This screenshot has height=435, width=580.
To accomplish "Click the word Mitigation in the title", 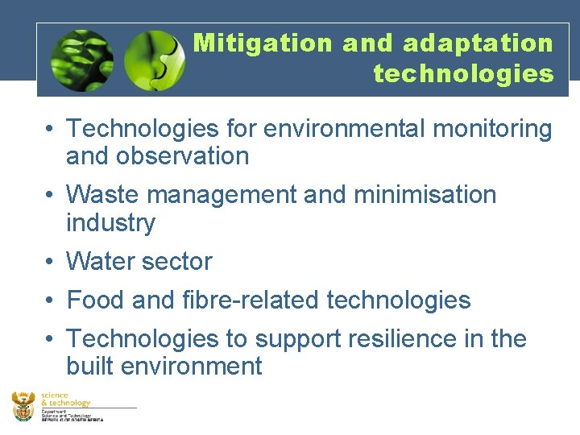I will point(262,43).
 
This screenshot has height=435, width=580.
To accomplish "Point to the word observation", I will point(184,155).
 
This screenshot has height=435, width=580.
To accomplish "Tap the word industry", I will point(110,222).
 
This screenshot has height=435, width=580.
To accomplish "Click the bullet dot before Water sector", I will point(50,262).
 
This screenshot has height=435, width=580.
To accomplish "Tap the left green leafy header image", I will point(81,60).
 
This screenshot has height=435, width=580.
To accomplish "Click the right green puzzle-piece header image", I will point(155,60).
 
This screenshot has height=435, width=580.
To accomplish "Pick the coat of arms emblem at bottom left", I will point(23,405).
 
